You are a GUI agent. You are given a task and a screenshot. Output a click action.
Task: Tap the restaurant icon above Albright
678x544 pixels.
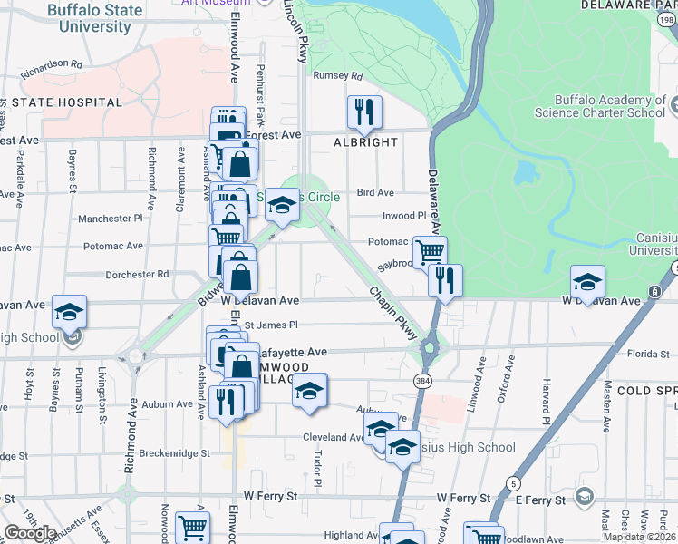(x=364, y=112)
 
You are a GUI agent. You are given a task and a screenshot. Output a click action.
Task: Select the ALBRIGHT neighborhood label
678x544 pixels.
(x=365, y=142)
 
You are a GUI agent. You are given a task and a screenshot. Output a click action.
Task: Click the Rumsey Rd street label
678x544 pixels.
(x=337, y=76)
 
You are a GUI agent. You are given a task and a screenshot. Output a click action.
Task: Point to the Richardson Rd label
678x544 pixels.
(x=51, y=65)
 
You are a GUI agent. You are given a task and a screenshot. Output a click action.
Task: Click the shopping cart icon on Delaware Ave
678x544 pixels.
(x=430, y=251)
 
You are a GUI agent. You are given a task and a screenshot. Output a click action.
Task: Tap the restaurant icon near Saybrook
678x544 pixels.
(x=445, y=280)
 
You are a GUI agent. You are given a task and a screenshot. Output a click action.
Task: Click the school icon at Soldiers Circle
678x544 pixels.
(x=282, y=206)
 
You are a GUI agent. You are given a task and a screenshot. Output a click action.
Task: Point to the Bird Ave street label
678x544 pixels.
(x=375, y=192)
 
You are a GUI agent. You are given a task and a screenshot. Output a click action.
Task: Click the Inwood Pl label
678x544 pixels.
(x=404, y=216)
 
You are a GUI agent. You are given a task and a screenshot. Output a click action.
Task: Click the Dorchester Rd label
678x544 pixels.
(x=137, y=273)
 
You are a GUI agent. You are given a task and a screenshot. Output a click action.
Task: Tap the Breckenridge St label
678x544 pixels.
(x=179, y=452)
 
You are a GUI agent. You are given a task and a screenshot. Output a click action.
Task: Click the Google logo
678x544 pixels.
(x=30, y=533)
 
